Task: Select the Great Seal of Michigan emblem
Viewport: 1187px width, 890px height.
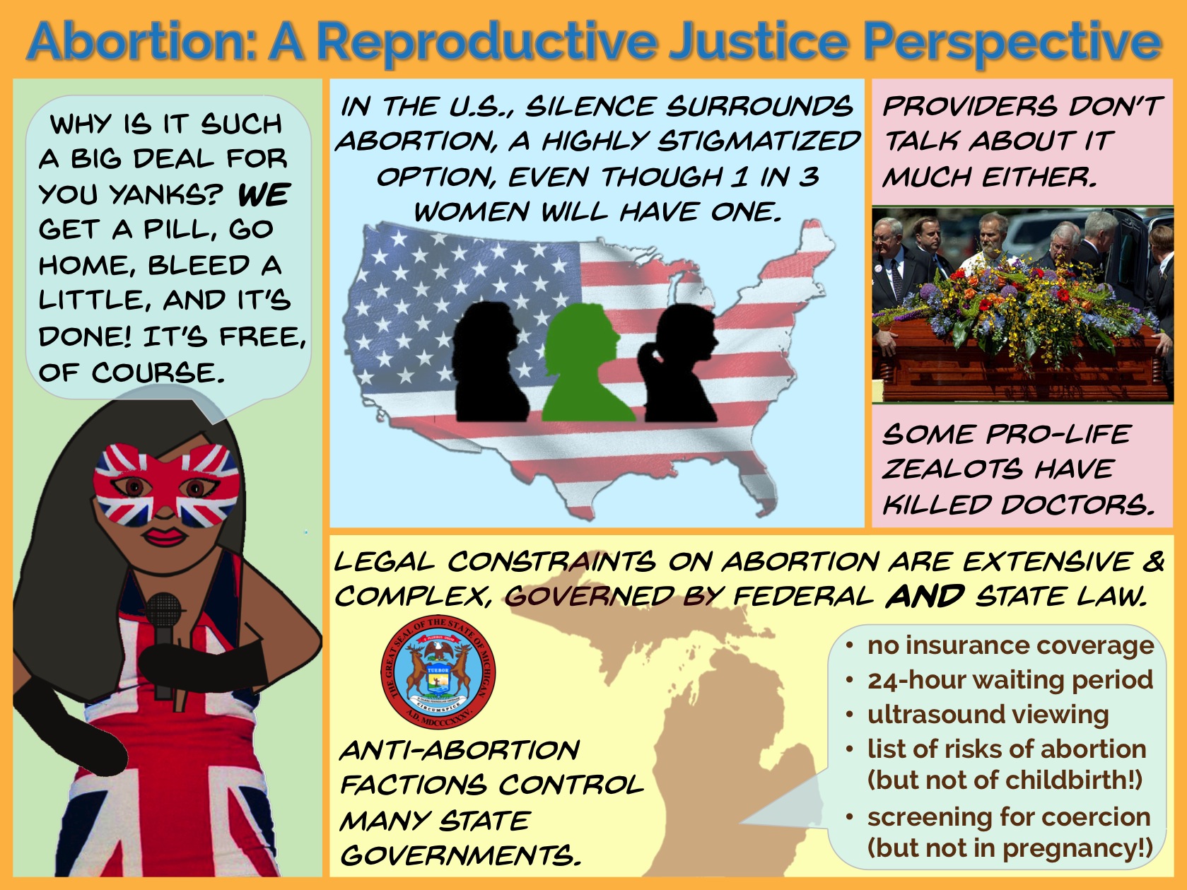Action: click(x=438, y=672)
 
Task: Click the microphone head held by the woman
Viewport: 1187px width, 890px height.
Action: click(x=163, y=611)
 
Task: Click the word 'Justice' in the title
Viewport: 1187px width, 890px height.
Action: click(x=758, y=41)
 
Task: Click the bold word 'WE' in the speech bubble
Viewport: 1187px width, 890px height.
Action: click(x=264, y=194)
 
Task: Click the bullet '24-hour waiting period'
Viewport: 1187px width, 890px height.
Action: click(x=1009, y=679)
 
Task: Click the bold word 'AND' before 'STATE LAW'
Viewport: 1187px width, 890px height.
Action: click(x=925, y=596)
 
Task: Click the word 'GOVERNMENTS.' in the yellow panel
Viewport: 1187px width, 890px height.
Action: click(x=461, y=855)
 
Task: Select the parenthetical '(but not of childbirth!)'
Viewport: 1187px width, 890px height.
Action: click(x=1005, y=780)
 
